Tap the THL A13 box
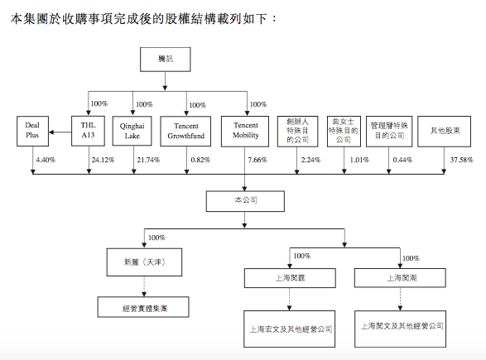click(89, 132)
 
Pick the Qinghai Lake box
click(135, 132)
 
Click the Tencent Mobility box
click(245, 132)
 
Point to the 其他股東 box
click(440, 132)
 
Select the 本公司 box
click(244, 201)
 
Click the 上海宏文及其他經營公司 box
click(290, 328)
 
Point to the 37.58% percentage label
click(460, 159)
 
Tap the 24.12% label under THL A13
click(103, 159)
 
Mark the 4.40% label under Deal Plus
click(45, 159)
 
